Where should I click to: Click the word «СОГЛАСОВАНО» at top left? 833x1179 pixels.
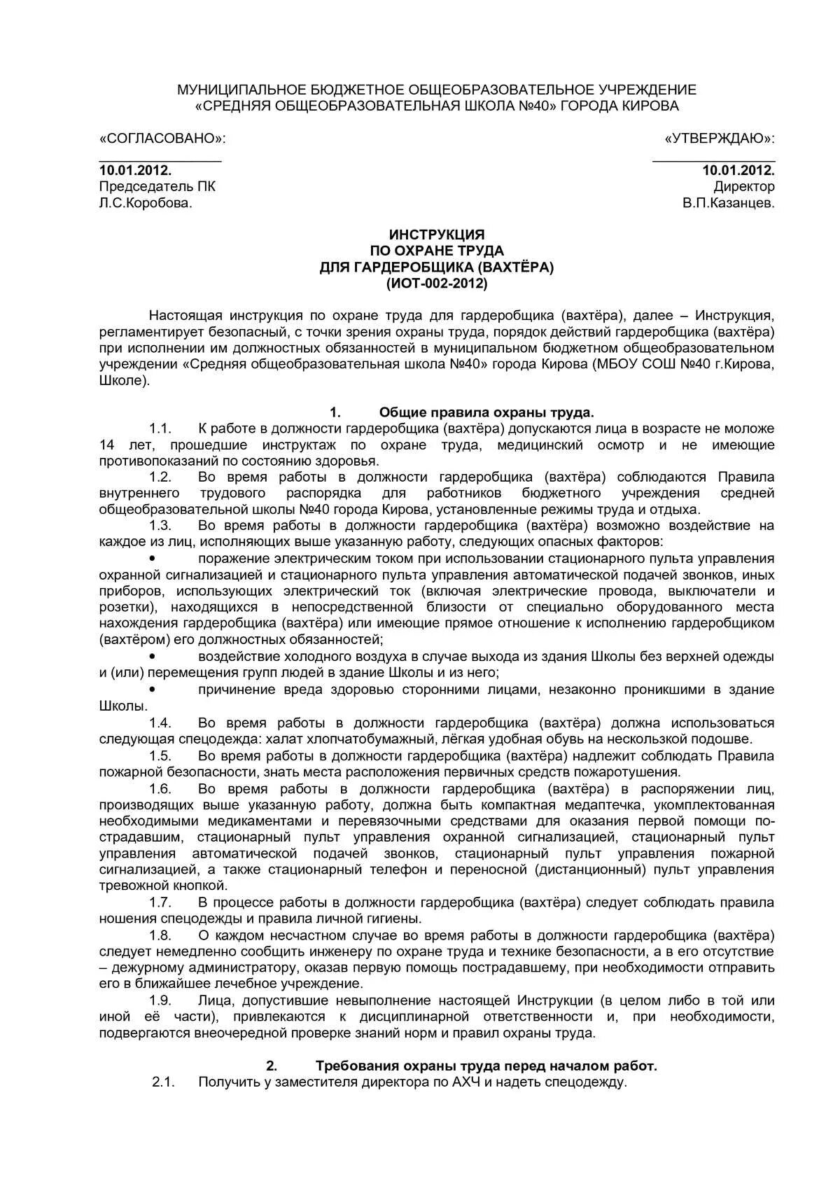point(162,138)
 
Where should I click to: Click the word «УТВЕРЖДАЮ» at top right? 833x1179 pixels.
point(720,138)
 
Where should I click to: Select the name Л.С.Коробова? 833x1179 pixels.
point(145,203)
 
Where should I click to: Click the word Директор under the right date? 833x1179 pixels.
point(744,186)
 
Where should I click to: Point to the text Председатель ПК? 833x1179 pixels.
point(157,186)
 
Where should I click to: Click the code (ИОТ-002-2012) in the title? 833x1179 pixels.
point(436,284)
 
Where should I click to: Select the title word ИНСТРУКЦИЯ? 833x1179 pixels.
point(436,235)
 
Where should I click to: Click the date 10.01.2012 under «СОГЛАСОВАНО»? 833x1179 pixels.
point(135,170)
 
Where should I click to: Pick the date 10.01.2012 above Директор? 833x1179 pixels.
point(738,170)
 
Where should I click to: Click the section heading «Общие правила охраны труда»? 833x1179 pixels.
point(486,412)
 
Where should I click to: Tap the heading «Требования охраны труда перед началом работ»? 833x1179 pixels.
point(486,1066)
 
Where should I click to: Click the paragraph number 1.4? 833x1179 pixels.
point(160,723)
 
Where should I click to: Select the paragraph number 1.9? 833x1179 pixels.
point(160,1000)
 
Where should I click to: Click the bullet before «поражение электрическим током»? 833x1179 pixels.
point(153,558)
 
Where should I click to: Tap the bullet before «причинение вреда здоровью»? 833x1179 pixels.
point(153,690)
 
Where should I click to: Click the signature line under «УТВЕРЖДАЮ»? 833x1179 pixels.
point(713,160)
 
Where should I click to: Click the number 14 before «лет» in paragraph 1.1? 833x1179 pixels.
point(106,445)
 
